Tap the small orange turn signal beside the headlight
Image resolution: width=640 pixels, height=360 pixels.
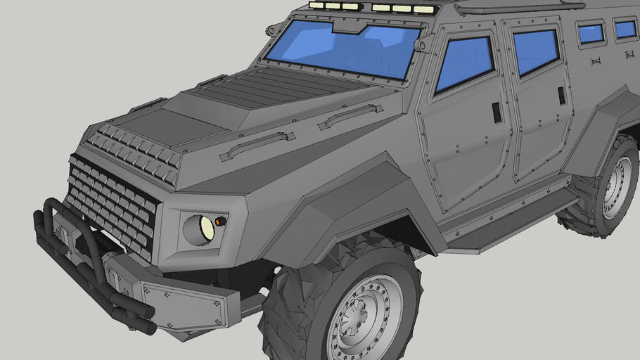220,221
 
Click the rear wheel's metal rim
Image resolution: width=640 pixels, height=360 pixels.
618,188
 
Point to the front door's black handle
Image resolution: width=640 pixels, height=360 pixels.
497,112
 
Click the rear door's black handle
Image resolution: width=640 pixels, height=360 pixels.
561,95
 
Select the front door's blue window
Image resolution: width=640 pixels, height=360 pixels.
464,64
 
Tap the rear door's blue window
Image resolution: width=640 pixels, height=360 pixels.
535,51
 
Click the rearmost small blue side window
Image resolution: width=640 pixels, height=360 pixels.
625,29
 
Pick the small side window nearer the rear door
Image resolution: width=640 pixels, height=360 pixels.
591,33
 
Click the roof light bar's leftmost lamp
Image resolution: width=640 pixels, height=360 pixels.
316,6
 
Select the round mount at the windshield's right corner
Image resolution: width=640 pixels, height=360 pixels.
422,45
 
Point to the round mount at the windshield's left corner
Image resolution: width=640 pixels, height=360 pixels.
271,30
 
